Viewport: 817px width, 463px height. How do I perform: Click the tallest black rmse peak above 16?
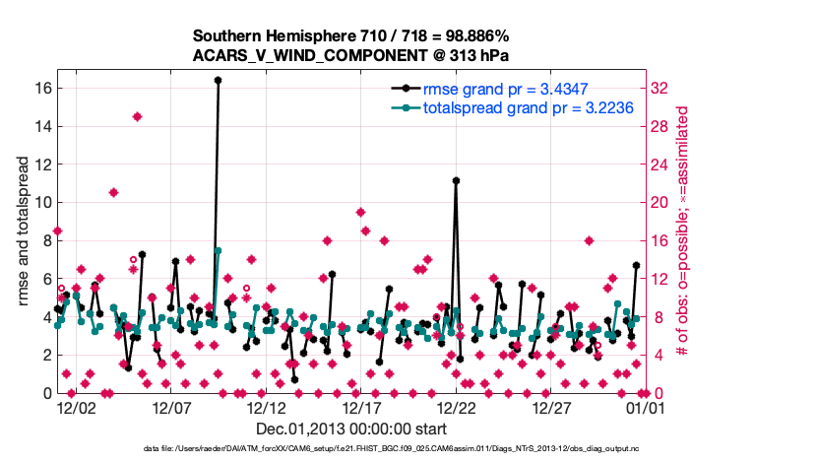[x=218, y=80]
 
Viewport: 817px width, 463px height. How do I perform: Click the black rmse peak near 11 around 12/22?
[x=456, y=180]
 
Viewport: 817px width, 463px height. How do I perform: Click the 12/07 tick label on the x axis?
[x=171, y=406]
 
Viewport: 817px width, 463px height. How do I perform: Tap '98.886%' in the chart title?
[x=463, y=34]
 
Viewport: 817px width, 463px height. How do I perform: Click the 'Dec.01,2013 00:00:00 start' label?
[x=350, y=429]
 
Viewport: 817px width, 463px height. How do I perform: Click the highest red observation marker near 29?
[x=138, y=116]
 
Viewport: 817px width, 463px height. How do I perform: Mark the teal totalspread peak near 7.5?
[x=218, y=250]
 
